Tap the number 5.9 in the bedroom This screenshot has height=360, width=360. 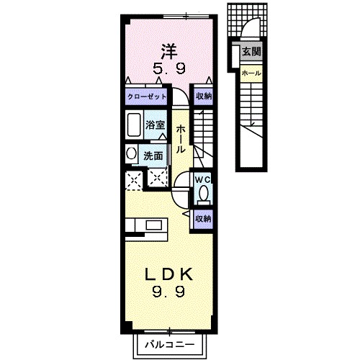(168, 70)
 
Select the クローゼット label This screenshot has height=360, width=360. (147, 96)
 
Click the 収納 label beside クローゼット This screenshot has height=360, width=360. (204, 96)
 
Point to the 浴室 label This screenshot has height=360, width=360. (156, 125)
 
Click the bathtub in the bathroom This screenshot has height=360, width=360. (134, 126)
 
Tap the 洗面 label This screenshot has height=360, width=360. (152, 154)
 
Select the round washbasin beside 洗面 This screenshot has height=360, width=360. (131, 153)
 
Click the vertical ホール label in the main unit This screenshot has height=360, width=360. (180, 138)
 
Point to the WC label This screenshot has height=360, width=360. (202, 179)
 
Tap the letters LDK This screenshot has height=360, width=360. (169, 275)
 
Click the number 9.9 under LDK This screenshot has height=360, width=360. (169, 292)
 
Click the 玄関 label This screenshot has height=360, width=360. (251, 52)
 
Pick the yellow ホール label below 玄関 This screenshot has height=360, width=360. (251, 73)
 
